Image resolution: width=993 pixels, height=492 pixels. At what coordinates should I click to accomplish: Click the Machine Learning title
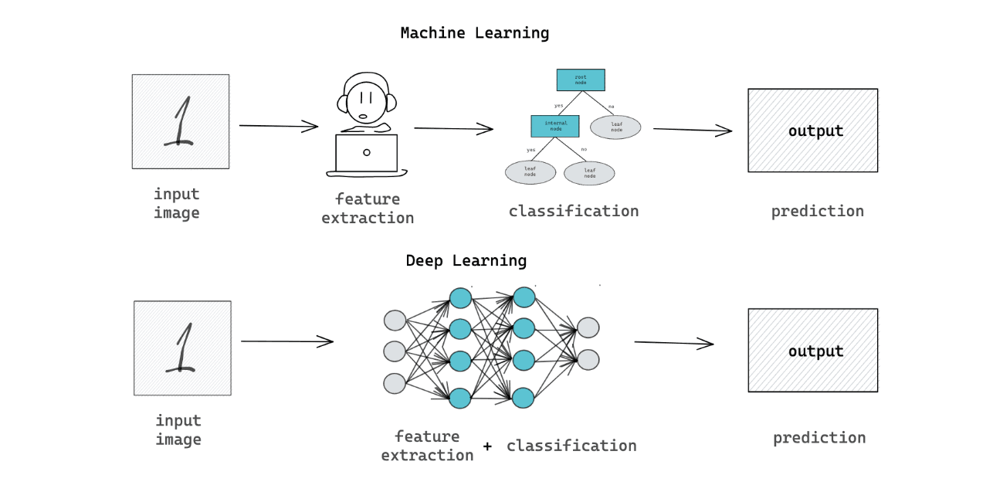tap(474, 33)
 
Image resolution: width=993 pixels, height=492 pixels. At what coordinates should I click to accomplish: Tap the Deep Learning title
tap(466, 261)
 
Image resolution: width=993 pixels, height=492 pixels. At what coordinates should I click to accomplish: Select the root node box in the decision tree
tap(580, 80)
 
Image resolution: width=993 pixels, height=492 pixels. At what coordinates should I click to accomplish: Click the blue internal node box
tap(555, 127)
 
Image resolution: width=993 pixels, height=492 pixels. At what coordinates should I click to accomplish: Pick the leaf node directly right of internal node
tap(615, 127)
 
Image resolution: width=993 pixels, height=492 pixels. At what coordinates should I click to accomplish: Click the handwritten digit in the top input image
tap(179, 122)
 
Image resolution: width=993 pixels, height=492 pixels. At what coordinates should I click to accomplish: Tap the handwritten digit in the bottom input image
tap(181, 348)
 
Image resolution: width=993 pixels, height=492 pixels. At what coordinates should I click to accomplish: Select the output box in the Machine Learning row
tap(812, 131)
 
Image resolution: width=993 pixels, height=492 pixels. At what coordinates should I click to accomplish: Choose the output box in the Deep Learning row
tap(812, 351)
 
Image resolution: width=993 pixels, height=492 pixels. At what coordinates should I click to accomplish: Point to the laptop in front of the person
tap(366, 153)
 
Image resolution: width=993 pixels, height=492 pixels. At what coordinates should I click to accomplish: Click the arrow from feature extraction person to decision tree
tap(453, 129)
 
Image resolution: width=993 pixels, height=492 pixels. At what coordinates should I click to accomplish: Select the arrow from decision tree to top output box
tap(693, 130)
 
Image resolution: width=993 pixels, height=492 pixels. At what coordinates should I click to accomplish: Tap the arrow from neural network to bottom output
tap(674, 343)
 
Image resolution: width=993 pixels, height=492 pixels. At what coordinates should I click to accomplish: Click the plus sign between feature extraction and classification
tap(487, 446)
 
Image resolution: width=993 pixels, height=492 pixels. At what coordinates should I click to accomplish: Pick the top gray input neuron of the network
tap(395, 320)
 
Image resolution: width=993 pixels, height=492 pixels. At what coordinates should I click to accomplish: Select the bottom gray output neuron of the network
tap(588, 360)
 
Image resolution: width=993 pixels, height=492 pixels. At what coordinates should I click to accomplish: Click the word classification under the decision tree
tap(573, 211)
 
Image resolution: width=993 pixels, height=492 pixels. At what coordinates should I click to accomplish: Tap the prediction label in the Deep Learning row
tap(818, 438)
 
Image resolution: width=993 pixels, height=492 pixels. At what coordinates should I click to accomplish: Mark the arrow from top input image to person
tap(279, 126)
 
